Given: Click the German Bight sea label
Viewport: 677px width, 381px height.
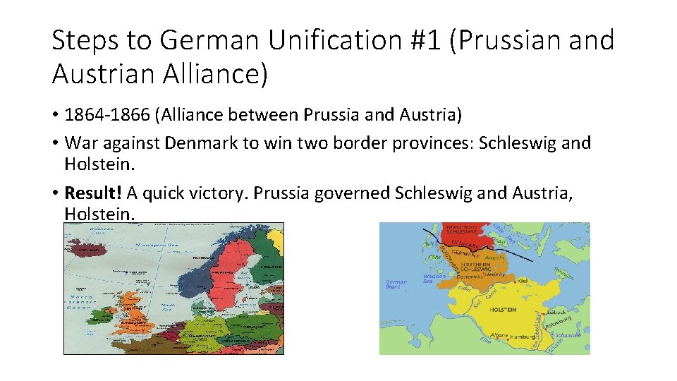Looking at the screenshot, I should point(396,284).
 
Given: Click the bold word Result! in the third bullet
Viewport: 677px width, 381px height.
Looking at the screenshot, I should point(93,193).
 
